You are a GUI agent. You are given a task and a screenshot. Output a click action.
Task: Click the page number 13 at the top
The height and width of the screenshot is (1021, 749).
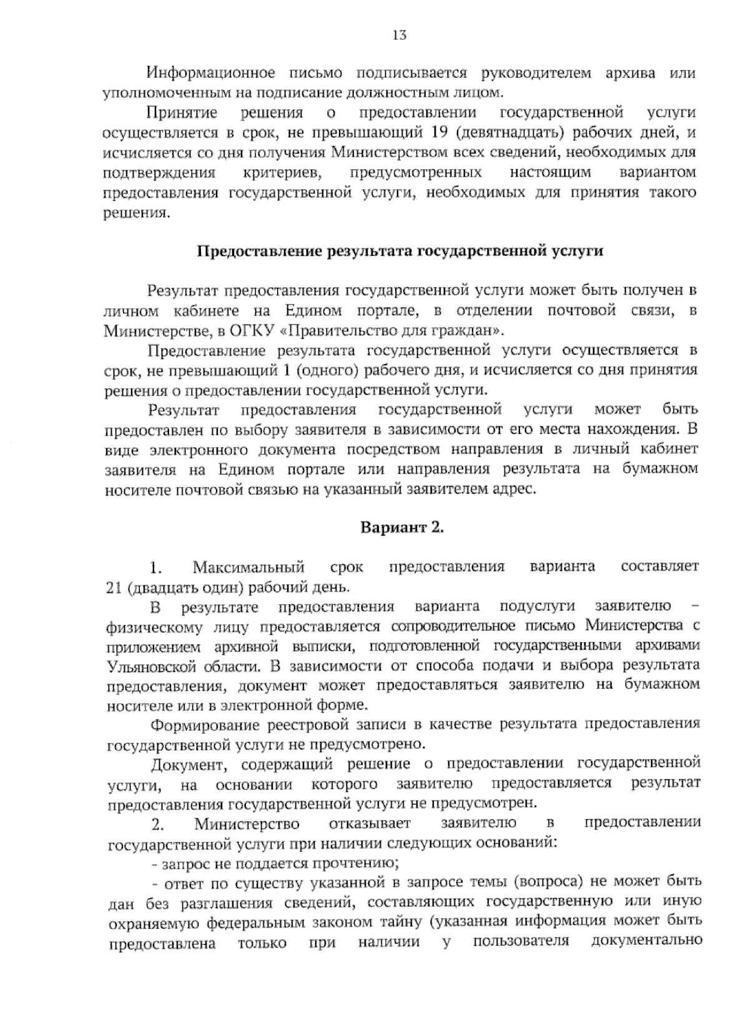399,36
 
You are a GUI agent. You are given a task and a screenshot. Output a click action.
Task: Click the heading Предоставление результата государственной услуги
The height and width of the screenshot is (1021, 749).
400,252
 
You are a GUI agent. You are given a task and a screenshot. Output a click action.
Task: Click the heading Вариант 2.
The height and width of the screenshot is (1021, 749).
402,527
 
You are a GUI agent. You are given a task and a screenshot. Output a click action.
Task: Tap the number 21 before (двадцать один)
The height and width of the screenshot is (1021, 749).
115,588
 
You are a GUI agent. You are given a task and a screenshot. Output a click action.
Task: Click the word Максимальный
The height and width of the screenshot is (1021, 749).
249,567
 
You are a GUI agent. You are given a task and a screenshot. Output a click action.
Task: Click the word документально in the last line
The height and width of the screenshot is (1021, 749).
645,942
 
